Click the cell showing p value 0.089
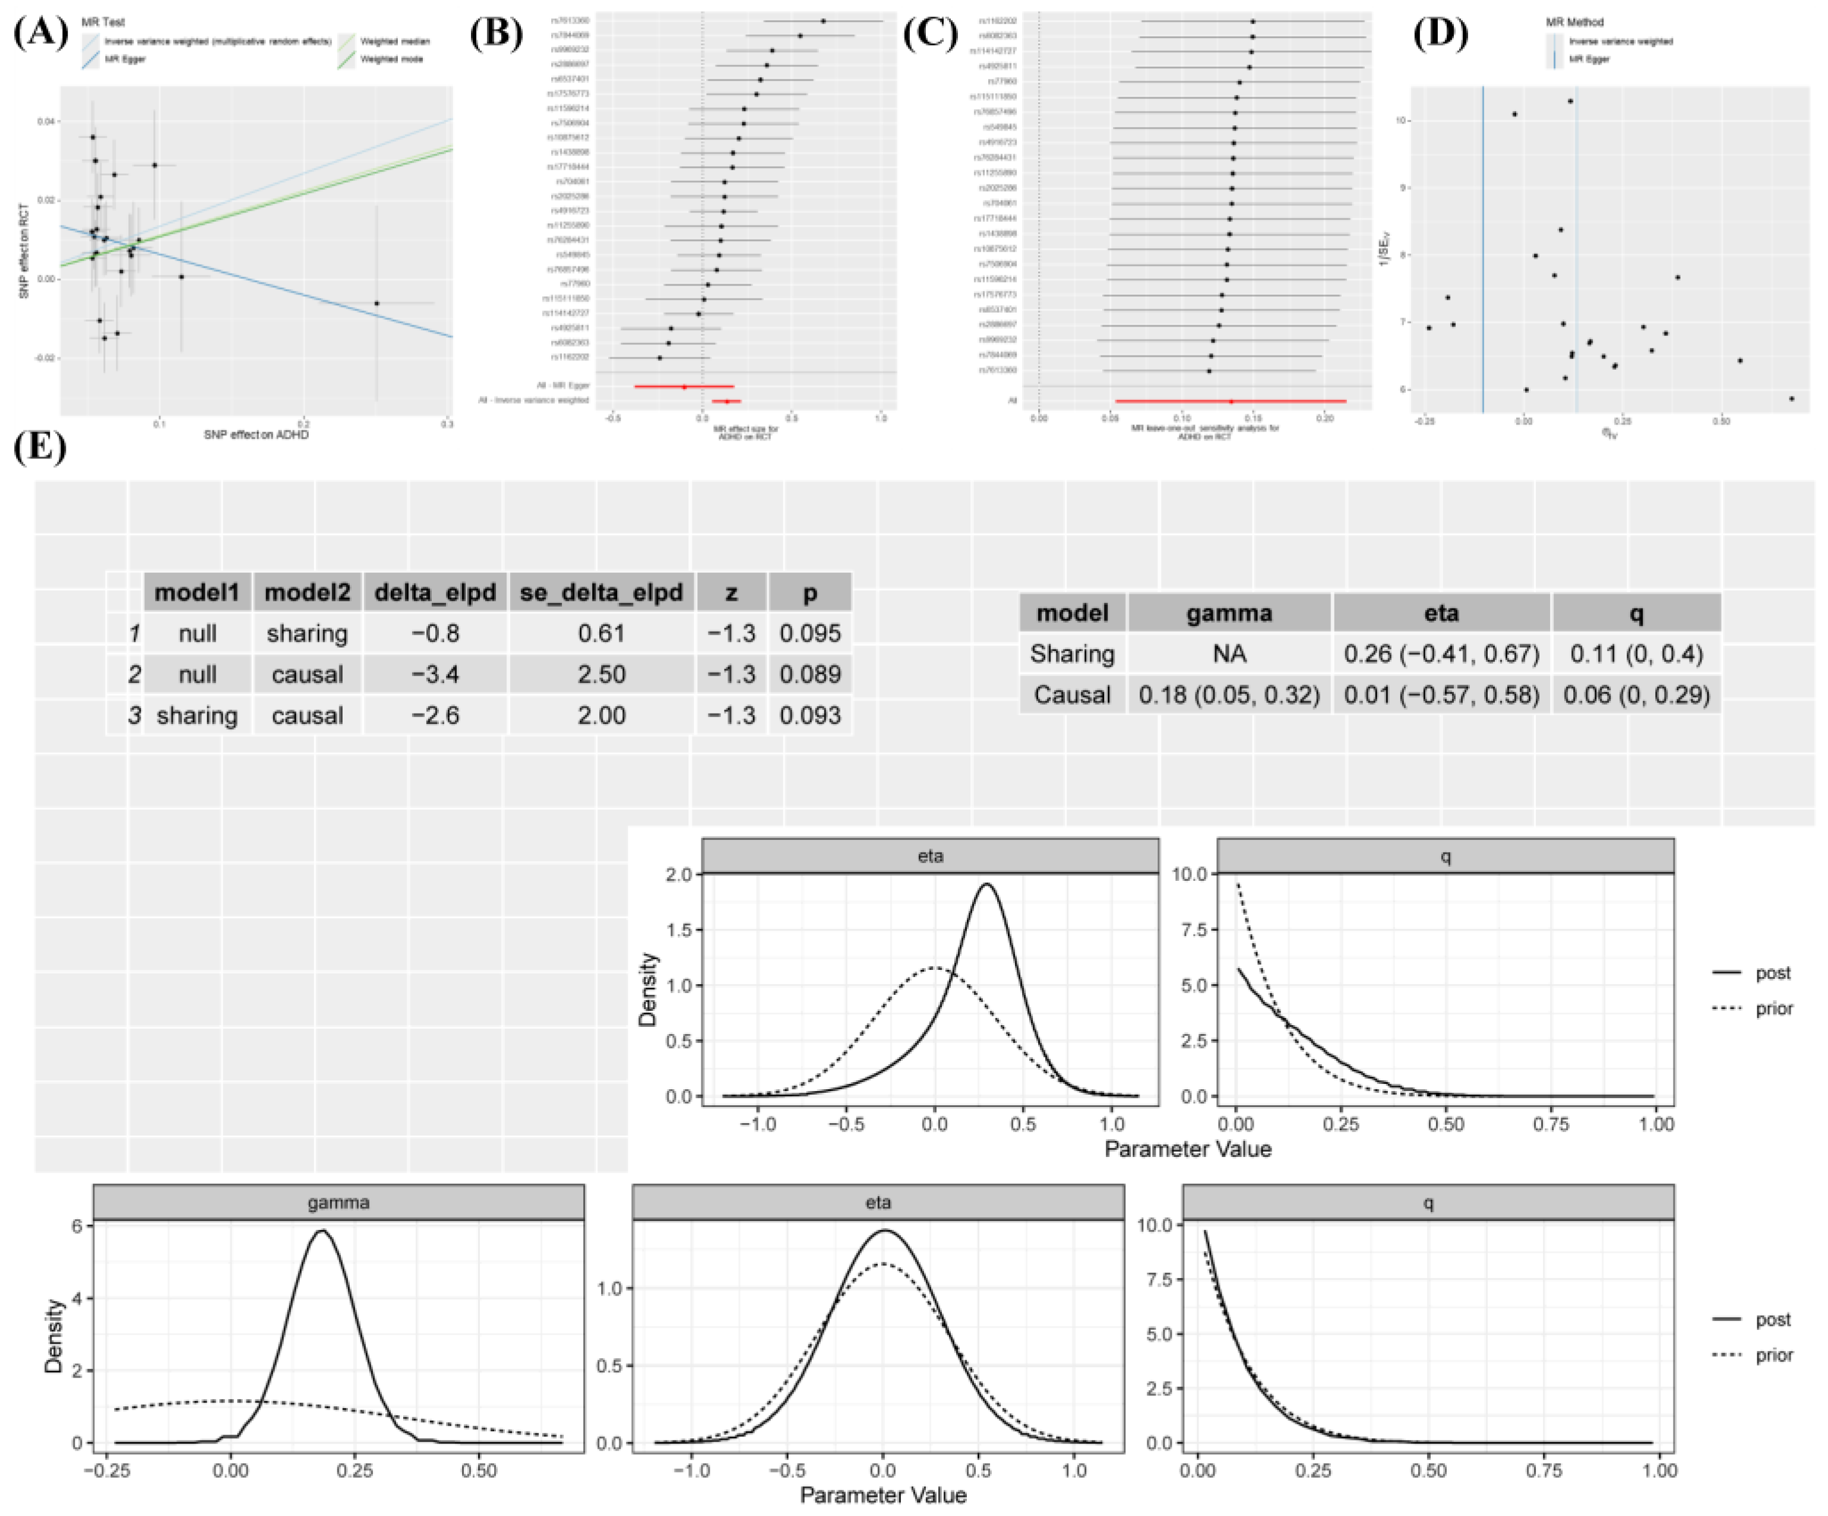click(x=809, y=674)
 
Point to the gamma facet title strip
click(x=338, y=1202)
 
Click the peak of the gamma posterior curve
click(x=323, y=1230)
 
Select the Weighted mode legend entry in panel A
click(x=391, y=59)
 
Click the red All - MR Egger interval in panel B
click(x=684, y=385)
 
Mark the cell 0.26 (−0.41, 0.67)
click(x=1441, y=654)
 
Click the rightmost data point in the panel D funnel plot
click(x=1791, y=398)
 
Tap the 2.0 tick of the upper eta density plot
click(x=679, y=874)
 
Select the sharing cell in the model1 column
click(x=197, y=715)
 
